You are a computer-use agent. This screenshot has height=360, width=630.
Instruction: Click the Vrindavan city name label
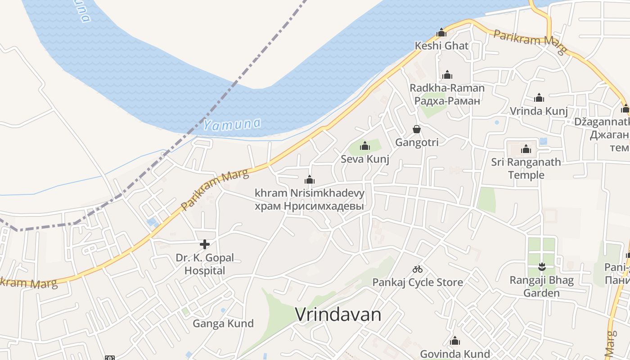point(338,315)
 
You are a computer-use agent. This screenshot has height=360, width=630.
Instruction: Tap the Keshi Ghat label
point(441,45)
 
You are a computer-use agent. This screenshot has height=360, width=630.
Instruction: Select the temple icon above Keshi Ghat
point(441,32)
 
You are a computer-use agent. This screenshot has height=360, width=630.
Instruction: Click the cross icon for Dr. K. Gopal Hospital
point(205,244)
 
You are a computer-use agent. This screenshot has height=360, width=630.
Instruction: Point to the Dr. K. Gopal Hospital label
point(205,264)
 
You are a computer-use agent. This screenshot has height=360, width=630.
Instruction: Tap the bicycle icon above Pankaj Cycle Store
point(418,269)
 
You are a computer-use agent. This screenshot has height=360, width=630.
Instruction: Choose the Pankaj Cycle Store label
point(418,282)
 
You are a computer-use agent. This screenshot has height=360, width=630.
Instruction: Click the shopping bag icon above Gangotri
point(417,130)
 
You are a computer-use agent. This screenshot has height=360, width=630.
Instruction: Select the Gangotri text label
point(417,142)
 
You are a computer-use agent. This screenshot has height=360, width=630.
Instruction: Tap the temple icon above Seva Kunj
point(365,146)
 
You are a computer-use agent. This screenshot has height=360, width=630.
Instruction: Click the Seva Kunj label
point(365,159)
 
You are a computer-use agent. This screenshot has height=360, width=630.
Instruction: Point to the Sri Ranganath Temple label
point(526,168)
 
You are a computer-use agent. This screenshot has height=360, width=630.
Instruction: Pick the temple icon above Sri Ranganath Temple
point(526,149)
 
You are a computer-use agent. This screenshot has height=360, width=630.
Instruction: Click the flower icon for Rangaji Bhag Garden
point(542,267)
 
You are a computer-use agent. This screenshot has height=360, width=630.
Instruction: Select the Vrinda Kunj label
point(539,111)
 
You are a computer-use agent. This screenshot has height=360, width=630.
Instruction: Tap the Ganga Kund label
point(223,323)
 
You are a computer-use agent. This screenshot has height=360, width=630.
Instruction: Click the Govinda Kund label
point(455,354)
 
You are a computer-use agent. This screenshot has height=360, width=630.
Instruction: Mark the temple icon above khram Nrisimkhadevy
point(310,180)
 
